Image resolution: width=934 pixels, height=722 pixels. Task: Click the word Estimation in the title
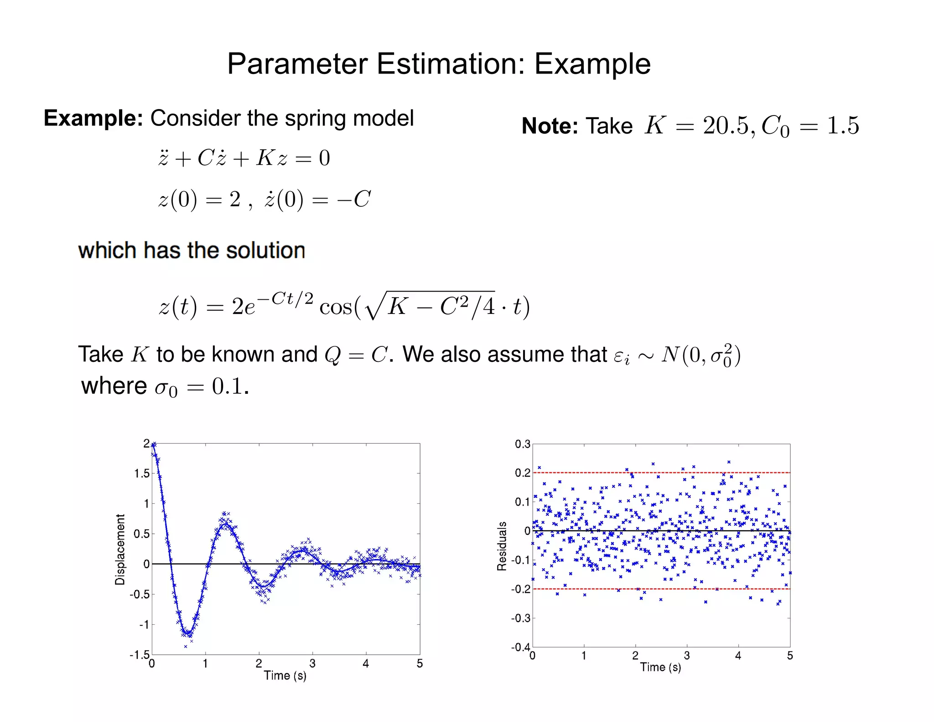tap(450, 64)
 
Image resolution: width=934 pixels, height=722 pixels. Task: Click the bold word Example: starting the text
tap(93, 118)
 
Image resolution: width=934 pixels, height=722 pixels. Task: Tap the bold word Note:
tap(550, 126)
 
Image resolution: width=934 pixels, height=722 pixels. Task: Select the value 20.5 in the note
tap(726, 126)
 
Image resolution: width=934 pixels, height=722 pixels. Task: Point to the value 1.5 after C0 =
tap(843, 126)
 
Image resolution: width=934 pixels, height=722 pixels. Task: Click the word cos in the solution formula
tap(336, 306)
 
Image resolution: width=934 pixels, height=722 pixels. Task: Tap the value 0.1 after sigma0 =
tap(227, 387)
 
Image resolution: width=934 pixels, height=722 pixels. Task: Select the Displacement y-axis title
tap(120, 549)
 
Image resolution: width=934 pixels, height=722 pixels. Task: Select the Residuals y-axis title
tap(502, 546)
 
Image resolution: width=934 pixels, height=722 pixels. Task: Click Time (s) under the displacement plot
tap(285, 675)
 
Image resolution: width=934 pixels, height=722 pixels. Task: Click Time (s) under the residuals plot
tap(660, 667)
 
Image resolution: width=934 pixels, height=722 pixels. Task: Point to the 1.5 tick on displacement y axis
tap(142, 473)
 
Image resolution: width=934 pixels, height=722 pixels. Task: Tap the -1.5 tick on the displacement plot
tap(140, 655)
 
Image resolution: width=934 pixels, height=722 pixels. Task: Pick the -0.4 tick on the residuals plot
tap(520, 647)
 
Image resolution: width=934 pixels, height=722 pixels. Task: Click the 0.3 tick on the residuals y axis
tap(523, 444)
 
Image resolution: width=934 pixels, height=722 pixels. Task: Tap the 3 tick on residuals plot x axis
tap(687, 656)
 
